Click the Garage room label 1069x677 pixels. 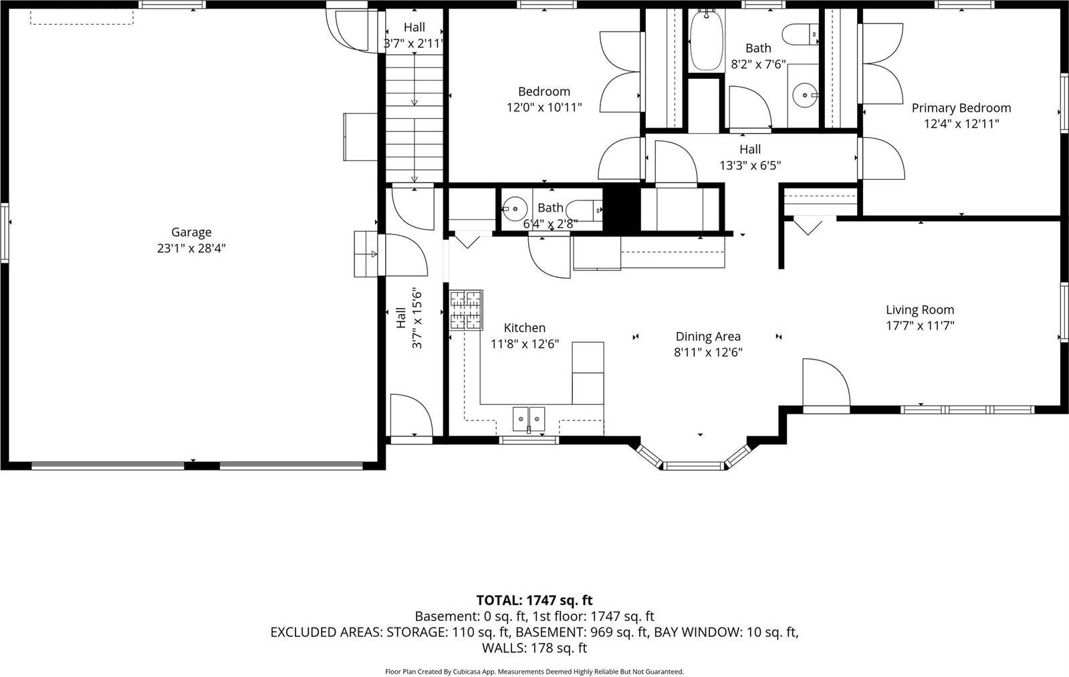point(191,232)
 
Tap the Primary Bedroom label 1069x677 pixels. point(961,108)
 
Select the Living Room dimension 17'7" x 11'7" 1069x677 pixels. point(920,326)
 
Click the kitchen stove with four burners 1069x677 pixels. point(466,310)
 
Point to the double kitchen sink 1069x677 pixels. point(529,419)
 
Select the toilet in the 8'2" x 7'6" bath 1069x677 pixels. point(802,33)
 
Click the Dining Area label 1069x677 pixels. point(708,337)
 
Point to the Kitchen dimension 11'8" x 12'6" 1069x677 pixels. point(525,344)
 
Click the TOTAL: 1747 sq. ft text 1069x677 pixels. point(534,600)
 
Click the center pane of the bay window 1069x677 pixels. point(695,465)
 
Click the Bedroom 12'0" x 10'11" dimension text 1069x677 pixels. point(544,107)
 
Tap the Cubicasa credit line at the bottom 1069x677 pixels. point(534,671)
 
